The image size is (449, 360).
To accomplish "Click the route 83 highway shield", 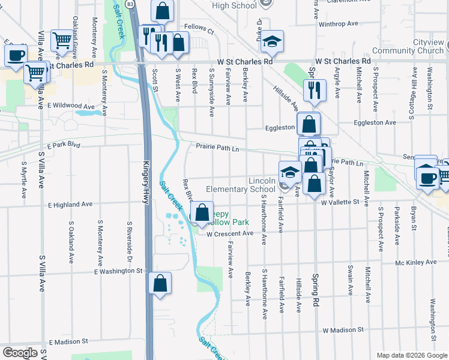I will pos(130,4).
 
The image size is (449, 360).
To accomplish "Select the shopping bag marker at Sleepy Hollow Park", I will pos(202,212).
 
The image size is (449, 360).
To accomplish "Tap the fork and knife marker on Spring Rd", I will pos(315,90).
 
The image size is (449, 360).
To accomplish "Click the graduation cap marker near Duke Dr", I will pos(273,41).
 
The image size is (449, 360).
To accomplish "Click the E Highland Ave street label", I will pos(71,205).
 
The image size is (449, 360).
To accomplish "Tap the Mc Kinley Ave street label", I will pos(415,262).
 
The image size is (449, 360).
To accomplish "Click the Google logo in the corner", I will pos(19,353).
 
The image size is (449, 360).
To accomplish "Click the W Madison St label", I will pos(343,330).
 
